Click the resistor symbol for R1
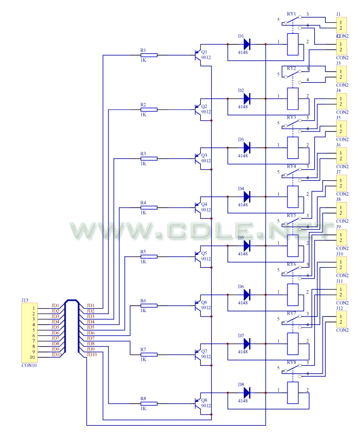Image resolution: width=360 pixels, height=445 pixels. (149, 55)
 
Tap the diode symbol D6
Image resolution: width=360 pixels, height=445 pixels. (246, 295)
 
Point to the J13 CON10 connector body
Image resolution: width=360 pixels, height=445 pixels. (28, 333)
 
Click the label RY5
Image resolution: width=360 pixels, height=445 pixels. (291, 215)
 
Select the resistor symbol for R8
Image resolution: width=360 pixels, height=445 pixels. (149, 403)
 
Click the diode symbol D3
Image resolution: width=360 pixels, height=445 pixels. (246, 147)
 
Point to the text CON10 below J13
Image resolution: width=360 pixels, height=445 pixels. (29, 365)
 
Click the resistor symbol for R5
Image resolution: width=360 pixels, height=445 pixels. (149, 256)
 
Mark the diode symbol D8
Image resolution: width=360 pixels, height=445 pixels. (246, 393)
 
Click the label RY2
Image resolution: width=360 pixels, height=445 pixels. (291, 68)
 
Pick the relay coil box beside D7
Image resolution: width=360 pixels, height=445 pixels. (293, 343)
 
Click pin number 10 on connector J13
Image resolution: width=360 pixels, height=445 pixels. (33, 357)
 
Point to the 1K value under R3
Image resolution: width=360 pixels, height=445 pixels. (143, 163)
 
